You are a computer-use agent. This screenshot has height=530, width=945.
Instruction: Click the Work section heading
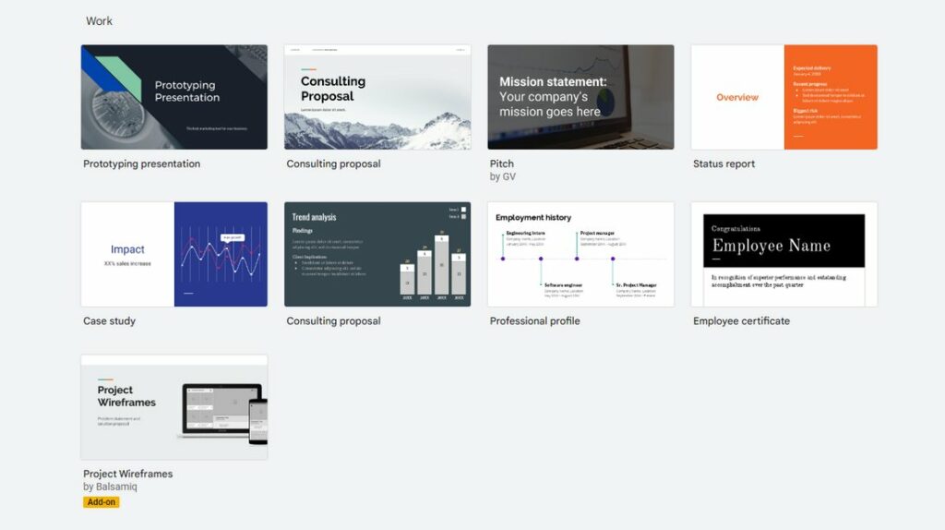click(99, 20)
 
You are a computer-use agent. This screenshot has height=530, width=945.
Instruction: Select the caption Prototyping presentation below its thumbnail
click(141, 164)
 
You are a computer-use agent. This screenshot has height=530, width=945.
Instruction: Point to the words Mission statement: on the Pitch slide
click(553, 82)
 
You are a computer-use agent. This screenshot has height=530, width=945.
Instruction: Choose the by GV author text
click(502, 176)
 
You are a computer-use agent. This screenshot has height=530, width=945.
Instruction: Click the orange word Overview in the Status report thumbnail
click(737, 97)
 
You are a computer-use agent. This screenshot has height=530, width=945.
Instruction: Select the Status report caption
click(724, 164)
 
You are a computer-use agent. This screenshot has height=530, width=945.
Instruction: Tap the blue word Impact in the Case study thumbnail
click(127, 249)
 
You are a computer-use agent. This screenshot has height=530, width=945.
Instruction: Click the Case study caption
click(109, 321)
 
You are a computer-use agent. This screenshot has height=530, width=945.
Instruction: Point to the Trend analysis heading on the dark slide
click(315, 217)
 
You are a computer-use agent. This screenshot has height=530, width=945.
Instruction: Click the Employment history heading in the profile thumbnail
click(532, 218)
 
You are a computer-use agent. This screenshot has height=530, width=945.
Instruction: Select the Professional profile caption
click(534, 321)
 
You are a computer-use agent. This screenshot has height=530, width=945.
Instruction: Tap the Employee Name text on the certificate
click(771, 246)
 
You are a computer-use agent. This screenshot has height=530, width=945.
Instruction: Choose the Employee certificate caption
click(741, 321)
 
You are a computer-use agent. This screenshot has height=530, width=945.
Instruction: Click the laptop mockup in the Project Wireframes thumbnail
click(220, 409)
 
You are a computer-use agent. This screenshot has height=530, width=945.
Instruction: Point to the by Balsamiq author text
click(110, 487)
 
